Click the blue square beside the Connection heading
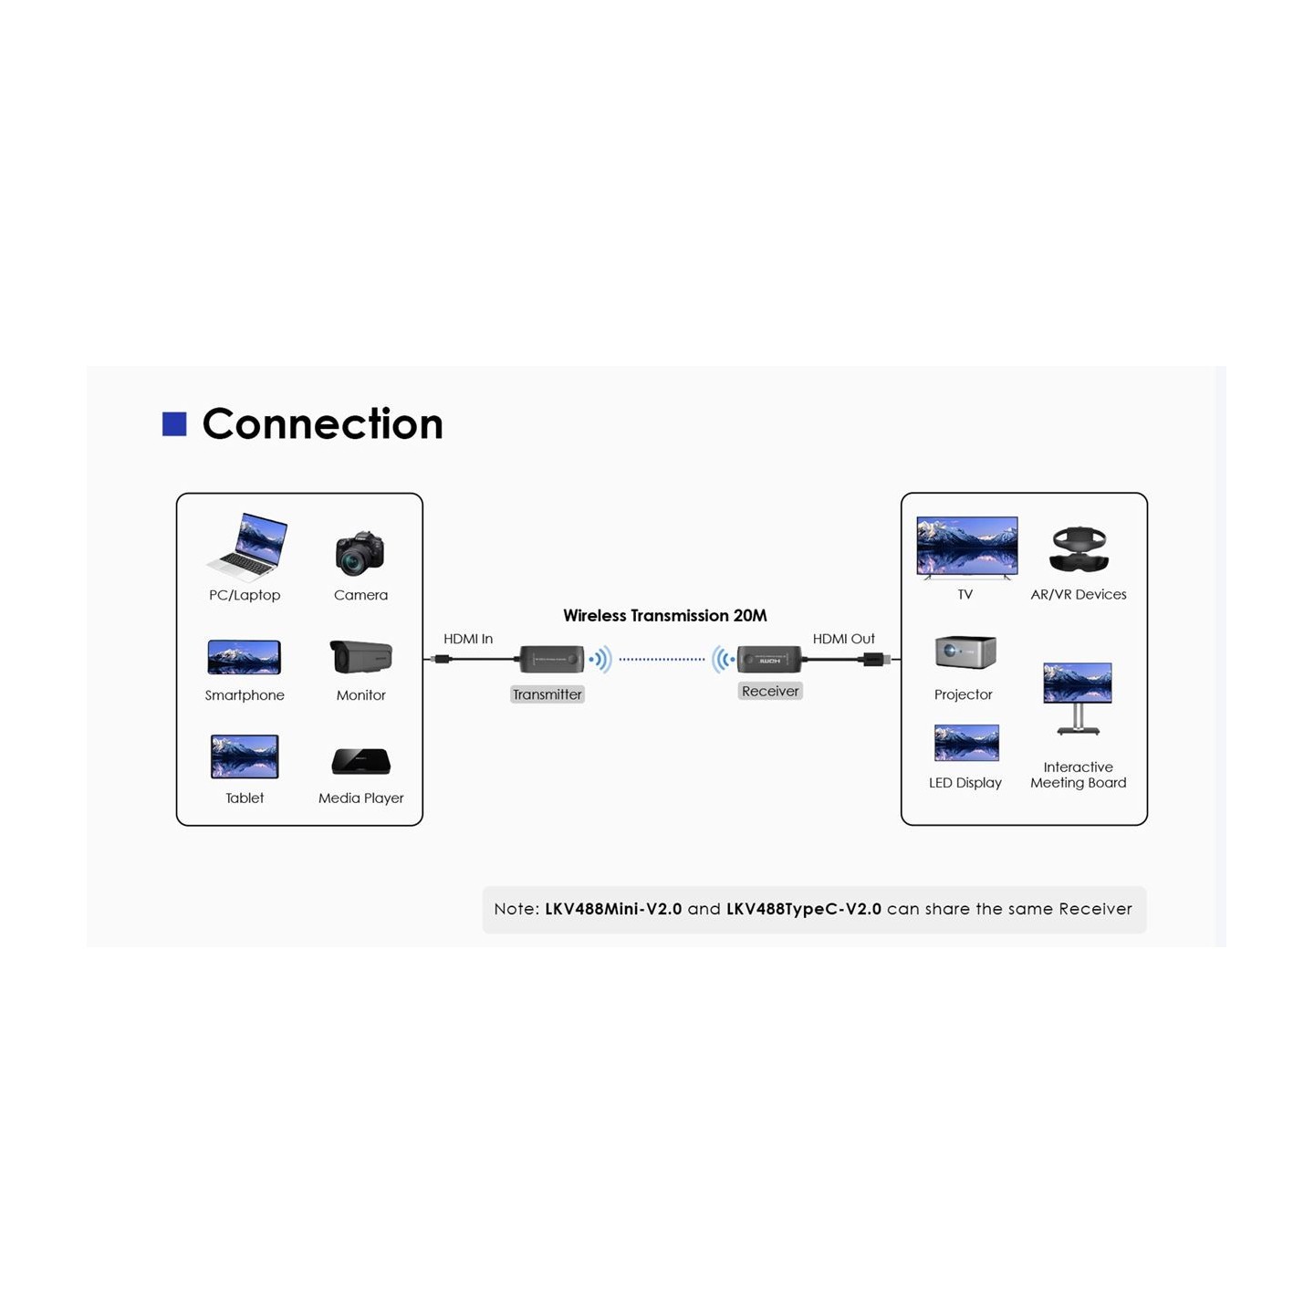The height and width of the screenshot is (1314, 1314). pos(174,423)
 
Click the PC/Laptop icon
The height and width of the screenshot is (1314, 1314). pos(247,547)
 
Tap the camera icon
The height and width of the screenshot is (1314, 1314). pos(360,553)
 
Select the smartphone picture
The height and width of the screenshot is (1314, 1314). pos(244,657)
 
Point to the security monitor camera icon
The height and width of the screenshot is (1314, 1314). pos(360,656)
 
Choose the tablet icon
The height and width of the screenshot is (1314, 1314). pos(244,756)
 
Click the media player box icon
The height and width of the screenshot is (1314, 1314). pos(360,761)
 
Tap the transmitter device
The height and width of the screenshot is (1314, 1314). pos(551,658)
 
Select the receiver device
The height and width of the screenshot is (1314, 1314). pos(769,659)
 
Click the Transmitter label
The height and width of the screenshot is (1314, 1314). pos(547,694)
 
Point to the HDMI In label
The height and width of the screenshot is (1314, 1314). pos(468,639)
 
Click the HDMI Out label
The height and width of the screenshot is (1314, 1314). pos(843,639)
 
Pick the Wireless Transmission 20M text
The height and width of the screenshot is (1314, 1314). pos(664,616)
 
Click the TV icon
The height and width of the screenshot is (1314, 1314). pos(966,547)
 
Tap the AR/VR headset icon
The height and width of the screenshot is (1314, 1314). pos(1079,549)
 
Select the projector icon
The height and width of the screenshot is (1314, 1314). pos(965,652)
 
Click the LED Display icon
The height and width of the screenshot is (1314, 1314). pos(966,743)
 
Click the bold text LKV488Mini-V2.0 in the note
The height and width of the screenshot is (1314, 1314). pos(613,909)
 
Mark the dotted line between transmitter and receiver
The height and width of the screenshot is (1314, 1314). pos(662,659)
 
